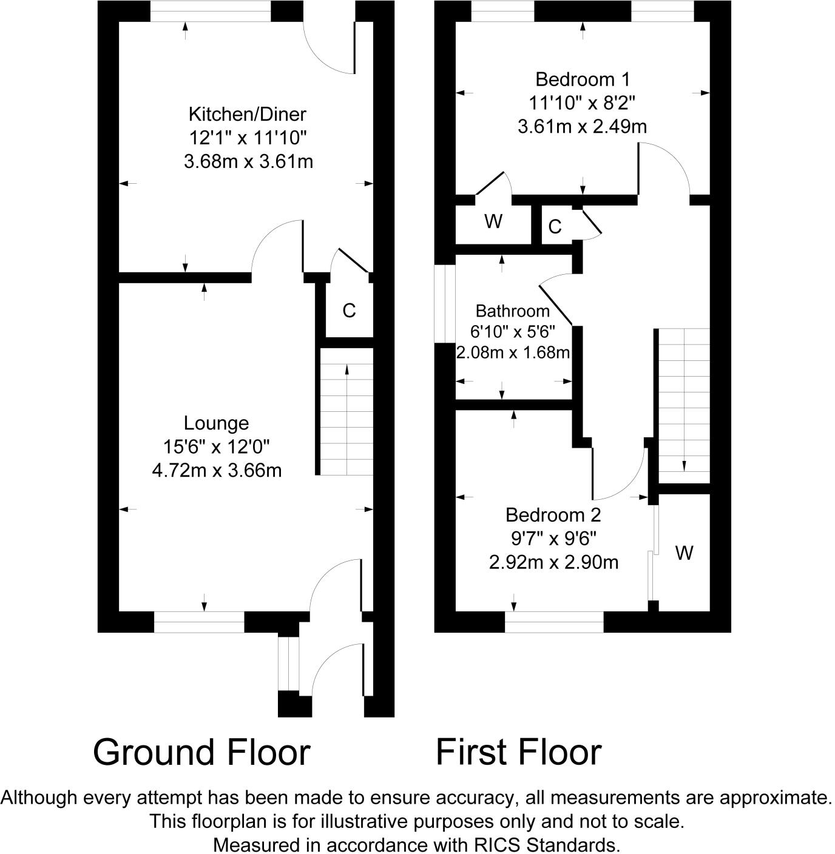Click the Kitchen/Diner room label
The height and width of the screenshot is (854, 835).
point(247,115)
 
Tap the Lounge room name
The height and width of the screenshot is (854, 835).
point(216,423)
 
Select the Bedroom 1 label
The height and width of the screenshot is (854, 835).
point(583,79)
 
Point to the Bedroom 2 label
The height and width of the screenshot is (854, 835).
point(553,515)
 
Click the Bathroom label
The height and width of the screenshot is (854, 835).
point(513,311)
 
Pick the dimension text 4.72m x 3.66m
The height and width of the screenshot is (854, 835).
point(217,471)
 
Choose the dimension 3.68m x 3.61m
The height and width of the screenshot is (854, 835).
point(248,162)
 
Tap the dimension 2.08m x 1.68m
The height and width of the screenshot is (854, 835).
point(513,352)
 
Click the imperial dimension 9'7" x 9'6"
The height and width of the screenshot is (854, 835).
point(553,539)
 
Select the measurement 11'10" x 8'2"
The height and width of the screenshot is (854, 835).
point(582,103)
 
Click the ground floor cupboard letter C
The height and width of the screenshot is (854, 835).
point(349,311)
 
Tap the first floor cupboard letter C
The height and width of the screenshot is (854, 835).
point(555,227)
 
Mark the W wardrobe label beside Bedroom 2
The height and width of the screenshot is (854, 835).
point(685,553)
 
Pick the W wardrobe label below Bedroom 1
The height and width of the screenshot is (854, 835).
point(493,221)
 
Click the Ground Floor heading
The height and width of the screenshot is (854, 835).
point(202,753)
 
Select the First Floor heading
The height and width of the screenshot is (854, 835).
point(518,753)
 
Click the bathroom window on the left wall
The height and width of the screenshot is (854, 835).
point(445,303)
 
